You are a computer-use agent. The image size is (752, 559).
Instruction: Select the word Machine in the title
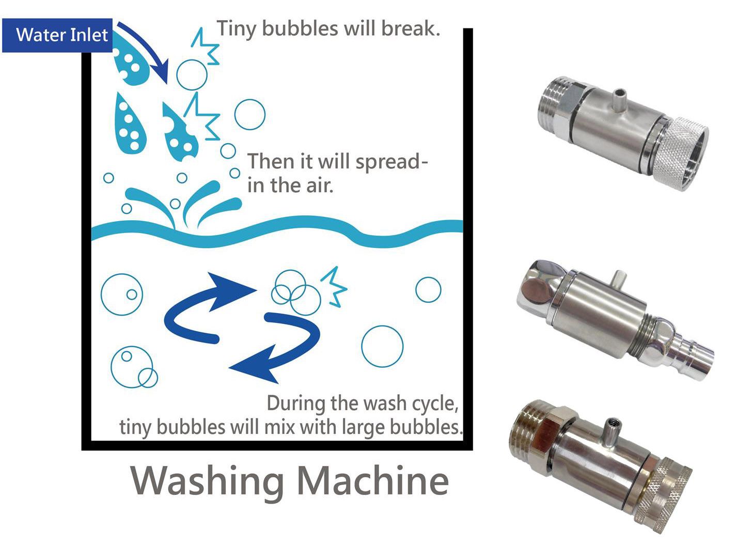[x=372, y=480]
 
